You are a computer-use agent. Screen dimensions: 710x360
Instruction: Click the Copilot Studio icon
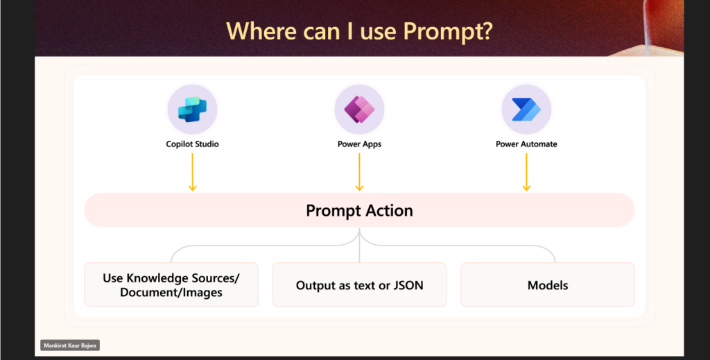click(x=193, y=110)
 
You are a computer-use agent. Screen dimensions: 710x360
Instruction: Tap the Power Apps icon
click(x=360, y=110)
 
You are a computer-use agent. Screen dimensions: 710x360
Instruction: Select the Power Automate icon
click(x=526, y=110)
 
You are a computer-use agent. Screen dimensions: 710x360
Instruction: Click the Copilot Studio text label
click(x=193, y=144)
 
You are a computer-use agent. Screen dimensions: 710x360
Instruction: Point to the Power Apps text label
click(x=360, y=144)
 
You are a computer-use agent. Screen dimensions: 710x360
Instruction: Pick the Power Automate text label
click(x=526, y=144)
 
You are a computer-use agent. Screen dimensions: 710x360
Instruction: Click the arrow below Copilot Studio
click(x=193, y=172)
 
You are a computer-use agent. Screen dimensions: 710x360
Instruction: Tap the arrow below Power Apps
click(x=360, y=172)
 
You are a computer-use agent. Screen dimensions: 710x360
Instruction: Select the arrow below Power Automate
click(x=526, y=172)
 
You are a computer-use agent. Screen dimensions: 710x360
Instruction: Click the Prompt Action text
click(x=360, y=211)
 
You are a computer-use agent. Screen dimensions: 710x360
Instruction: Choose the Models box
click(x=548, y=285)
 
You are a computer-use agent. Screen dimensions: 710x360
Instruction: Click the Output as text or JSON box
click(x=360, y=285)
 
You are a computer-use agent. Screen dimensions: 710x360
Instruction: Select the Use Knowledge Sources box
click(x=171, y=285)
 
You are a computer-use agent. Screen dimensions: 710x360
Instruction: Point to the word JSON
click(x=408, y=285)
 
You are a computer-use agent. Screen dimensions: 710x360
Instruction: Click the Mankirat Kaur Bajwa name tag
click(x=70, y=345)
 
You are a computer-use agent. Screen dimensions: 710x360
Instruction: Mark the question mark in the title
click(x=487, y=31)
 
